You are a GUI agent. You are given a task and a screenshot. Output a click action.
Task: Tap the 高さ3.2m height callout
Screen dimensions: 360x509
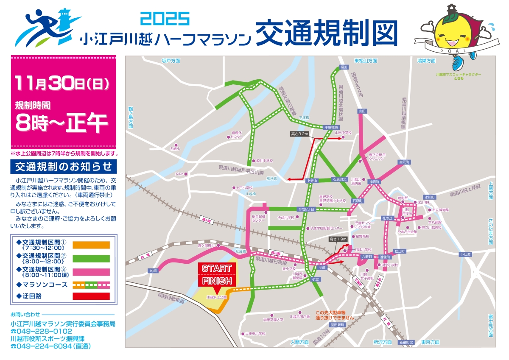(299, 134)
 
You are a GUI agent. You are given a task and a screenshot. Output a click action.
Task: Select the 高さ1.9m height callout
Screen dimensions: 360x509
(338, 239)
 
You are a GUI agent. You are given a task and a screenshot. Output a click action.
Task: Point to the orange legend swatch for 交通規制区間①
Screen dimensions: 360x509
(91, 245)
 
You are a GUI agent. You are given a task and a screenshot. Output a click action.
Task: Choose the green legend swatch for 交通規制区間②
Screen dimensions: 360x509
(91, 258)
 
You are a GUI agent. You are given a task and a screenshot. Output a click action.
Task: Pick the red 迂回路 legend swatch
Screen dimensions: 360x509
(91, 296)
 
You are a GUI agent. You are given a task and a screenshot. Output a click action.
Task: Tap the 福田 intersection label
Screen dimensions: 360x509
(344, 67)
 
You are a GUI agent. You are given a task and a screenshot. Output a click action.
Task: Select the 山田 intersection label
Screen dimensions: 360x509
(362, 111)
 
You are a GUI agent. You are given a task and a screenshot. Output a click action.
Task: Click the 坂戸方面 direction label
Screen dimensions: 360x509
(171, 61)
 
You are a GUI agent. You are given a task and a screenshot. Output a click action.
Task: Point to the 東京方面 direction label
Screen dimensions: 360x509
(430, 342)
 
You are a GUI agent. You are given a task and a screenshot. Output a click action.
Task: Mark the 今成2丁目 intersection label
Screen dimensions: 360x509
(305, 209)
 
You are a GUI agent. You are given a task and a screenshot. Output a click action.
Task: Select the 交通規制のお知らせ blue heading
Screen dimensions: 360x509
(63, 166)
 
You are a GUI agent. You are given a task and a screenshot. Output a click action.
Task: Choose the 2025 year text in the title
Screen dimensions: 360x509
(165, 19)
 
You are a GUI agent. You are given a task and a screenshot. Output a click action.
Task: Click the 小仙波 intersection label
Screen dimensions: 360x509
(466, 254)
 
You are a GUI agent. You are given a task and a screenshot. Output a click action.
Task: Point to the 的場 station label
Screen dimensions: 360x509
(153, 270)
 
